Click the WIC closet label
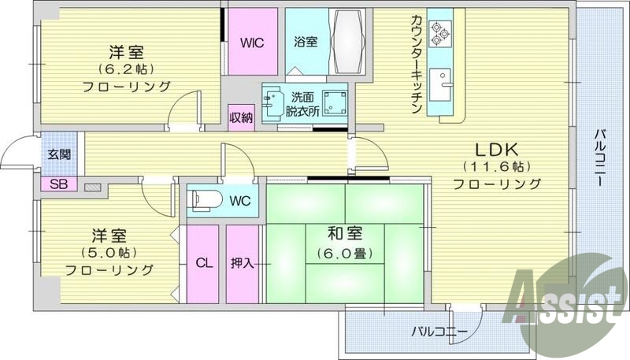tap(252, 41)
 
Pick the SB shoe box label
tap(58, 184)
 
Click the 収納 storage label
tap(241, 118)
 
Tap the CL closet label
tap(203, 263)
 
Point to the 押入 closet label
tap(242, 263)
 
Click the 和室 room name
tap(344, 233)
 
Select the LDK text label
tap(496, 149)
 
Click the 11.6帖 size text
tap(496, 167)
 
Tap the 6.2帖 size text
tap(126, 69)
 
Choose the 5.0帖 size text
tap(109, 252)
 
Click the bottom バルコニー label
tap(439, 331)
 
